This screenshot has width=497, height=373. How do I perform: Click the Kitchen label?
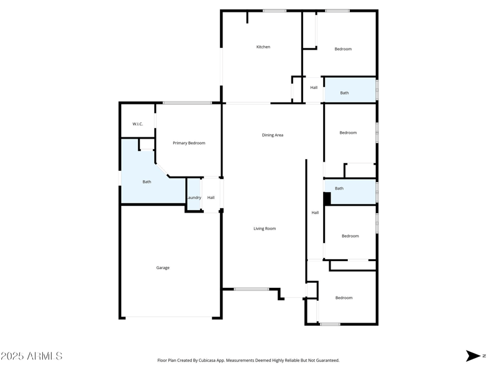[263, 47]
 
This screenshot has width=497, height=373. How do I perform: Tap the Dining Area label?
[272, 135]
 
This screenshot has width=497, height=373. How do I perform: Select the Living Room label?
[265, 229]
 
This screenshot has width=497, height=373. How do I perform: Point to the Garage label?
[163, 268]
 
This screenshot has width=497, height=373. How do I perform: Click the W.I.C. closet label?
[137, 124]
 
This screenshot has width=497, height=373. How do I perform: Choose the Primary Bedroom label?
[189, 143]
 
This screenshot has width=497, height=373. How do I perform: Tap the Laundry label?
[194, 198]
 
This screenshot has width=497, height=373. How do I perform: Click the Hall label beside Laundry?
[211, 198]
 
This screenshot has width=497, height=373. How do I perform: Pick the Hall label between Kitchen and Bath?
[314, 88]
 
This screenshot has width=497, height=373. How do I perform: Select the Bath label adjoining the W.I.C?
[147, 182]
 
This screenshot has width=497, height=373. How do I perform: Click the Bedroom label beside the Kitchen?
[343, 49]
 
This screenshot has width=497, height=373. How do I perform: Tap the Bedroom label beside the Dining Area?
[348, 133]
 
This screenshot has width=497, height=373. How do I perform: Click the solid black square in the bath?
[327, 198]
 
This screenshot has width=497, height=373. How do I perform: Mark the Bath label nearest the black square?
[339, 188]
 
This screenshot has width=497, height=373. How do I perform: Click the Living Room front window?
[252, 289]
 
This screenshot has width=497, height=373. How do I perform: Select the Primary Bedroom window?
[187, 103]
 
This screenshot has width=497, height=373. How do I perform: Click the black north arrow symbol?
[473, 356]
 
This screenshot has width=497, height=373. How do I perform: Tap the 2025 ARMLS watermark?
[32, 356]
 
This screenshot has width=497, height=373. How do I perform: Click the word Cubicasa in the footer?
[207, 361]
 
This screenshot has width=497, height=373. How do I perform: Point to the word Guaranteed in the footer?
[329, 361]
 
